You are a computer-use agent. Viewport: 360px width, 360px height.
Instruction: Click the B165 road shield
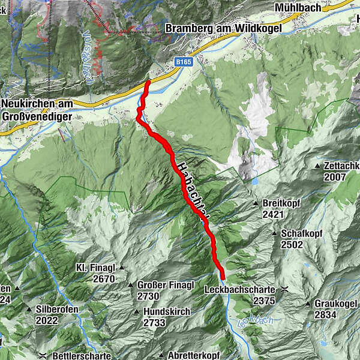tap(184, 62)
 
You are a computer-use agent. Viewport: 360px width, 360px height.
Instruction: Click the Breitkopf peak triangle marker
tap(255, 203)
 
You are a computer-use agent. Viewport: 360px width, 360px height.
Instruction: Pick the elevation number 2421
tap(272, 214)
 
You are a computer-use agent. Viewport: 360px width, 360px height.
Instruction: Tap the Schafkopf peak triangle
tap(274, 233)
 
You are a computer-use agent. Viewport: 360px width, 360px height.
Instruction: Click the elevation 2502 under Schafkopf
tap(292, 244)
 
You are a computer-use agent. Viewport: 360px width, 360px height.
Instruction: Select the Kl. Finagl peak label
tap(95, 268)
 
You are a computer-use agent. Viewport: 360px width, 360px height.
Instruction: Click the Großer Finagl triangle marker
tap(130, 284)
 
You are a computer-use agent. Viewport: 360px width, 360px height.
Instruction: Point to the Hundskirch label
tap(166, 311)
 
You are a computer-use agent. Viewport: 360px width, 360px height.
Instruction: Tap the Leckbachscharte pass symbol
tap(285, 289)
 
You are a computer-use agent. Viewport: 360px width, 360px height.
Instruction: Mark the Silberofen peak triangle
tap(29, 309)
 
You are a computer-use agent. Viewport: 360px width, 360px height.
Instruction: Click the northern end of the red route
tap(148, 82)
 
